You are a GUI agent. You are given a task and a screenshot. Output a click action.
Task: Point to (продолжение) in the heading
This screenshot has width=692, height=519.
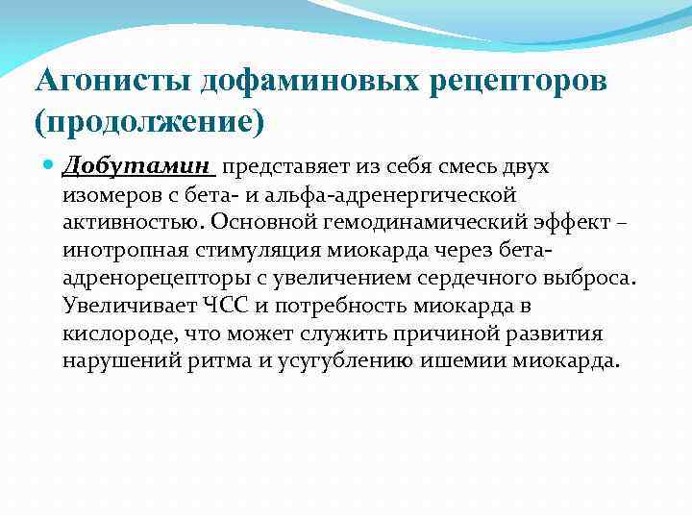149,123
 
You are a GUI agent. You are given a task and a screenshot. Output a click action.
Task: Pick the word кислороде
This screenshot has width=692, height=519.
108,334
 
